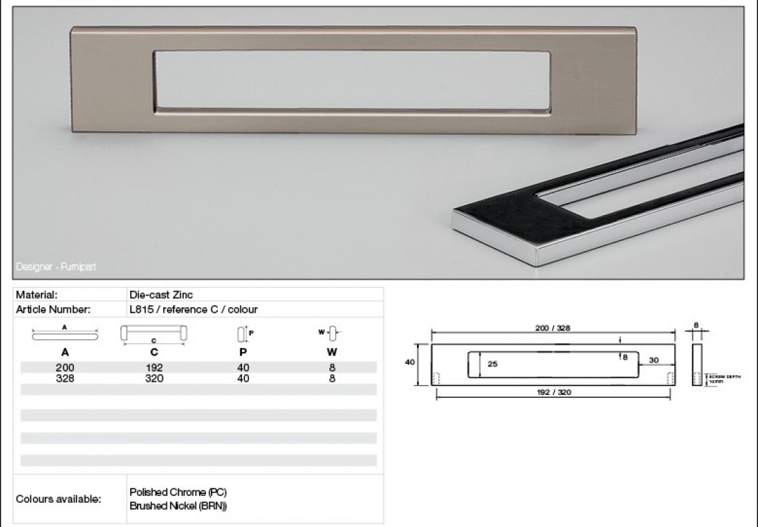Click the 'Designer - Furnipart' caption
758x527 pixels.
(x=57, y=266)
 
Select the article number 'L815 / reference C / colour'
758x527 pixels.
(x=194, y=309)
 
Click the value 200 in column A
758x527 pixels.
(x=65, y=368)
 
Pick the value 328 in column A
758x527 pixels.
(x=65, y=378)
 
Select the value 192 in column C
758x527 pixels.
(x=154, y=368)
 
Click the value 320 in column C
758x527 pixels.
(x=154, y=378)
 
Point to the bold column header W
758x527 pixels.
(x=331, y=352)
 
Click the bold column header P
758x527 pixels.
(x=243, y=352)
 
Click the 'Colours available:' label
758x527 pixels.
(x=59, y=499)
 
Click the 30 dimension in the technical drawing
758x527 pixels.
(x=654, y=360)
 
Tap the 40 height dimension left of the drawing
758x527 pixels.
(x=410, y=362)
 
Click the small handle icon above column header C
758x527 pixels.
(x=154, y=333)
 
